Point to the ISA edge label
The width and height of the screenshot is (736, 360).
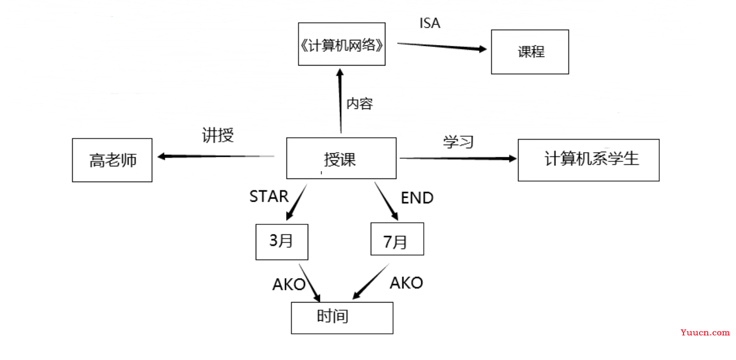[430, 23]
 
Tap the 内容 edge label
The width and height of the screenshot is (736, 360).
[360, 104]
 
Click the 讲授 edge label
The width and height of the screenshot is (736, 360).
[218, 135]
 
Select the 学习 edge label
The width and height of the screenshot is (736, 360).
[459, 142]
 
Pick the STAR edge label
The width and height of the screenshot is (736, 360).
[269, 197]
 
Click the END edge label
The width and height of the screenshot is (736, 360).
[417, 198]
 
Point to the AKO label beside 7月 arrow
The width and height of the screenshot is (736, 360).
[407, 283]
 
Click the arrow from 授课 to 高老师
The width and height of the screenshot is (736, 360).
[216, 156]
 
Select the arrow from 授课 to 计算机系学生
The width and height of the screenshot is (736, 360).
[458, 159]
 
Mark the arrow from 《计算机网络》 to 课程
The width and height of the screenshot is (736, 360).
[442, 46]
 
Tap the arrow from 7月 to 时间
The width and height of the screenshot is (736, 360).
[371, 281]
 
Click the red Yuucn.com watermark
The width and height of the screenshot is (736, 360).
[705, 332]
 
